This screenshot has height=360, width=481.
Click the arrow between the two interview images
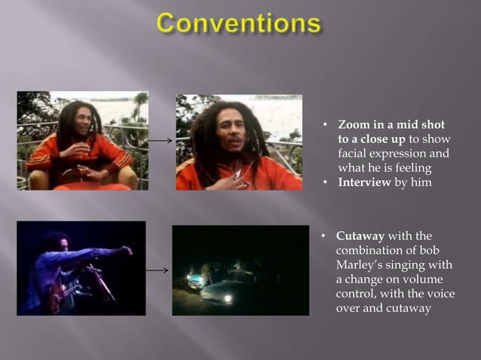pos(160,140)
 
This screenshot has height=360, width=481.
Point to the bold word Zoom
pos(354,125)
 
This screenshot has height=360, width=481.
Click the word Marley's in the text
pos(361,264)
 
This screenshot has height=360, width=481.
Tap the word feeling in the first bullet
pos(408,168)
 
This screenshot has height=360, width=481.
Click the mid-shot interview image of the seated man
pos(82,140)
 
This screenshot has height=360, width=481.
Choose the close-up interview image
pos(238,142)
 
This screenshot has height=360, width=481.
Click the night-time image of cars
pos(240,270)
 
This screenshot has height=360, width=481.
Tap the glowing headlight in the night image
pos(227,298)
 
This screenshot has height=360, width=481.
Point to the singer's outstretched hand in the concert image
pos(127,249)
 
